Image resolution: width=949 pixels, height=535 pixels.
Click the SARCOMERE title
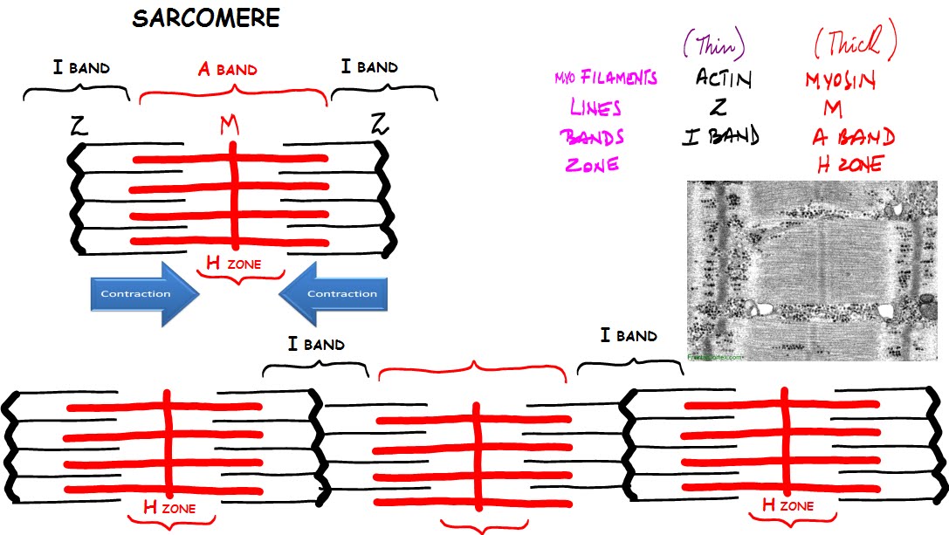(x=207, y=17)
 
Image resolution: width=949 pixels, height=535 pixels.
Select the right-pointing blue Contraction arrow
(x=144, y=293)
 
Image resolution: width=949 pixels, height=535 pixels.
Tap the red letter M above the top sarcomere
(x=229, y=126)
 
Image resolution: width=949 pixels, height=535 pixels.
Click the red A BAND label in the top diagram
(x=228, y=69)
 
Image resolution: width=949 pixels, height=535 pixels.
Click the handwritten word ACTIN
(x=723, y=79)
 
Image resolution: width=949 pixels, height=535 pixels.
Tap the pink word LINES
(x=595, y=108)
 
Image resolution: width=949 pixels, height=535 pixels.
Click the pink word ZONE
(x=592, y=163)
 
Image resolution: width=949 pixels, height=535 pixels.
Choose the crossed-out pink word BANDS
(x=593, y=136)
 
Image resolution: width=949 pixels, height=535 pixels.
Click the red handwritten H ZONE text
(x=850, y=163)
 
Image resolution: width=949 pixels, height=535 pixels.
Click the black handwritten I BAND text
(x=721, y=136)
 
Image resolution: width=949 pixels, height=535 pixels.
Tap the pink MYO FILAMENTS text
(x=605, y=79)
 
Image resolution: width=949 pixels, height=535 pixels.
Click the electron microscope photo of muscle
(x=817, y=271)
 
